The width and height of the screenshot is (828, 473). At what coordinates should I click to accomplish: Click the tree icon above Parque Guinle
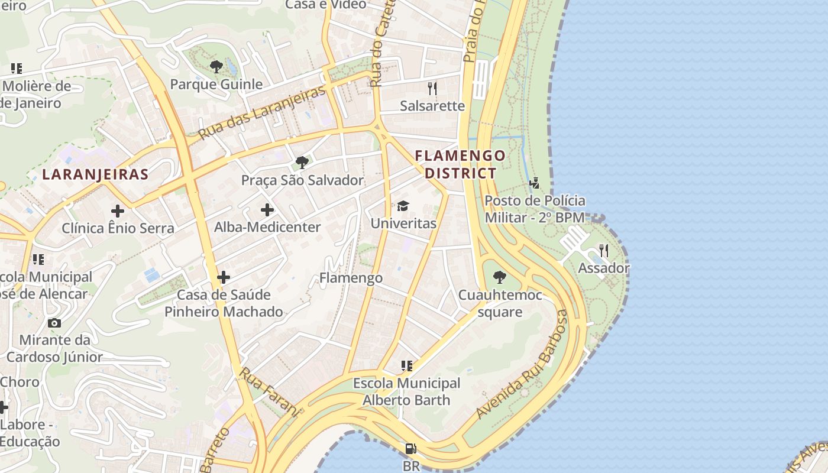point(216,66)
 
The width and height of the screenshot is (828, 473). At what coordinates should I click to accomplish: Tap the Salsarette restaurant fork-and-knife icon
point(432,89)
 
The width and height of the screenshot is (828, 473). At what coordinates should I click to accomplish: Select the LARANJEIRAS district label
point(95,174)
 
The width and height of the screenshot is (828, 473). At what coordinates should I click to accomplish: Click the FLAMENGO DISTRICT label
point(461,164)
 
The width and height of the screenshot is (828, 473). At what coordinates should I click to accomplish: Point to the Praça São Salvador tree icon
point(302,162)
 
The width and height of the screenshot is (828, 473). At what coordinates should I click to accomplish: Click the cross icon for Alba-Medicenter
point(267,209)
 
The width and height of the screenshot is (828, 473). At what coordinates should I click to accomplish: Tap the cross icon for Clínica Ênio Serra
point(118,210)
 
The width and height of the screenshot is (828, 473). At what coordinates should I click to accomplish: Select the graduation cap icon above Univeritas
point(403,206)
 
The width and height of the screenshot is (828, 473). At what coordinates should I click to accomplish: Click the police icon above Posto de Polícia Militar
point(535,183)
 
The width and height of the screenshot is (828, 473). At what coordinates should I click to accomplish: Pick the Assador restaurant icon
point(603,251)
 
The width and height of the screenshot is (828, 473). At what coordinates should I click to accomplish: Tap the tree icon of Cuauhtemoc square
point(500,277)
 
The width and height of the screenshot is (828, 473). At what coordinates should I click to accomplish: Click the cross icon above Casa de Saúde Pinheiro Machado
point(224,277)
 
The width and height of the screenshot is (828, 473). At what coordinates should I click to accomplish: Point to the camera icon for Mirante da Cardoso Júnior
point(54,323)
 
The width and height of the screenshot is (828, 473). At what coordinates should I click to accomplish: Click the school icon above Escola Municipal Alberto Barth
point(406,366)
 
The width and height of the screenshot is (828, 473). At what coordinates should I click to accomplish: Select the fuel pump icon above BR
point(411,449)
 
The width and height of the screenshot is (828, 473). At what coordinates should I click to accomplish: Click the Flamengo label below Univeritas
point(351,277)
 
